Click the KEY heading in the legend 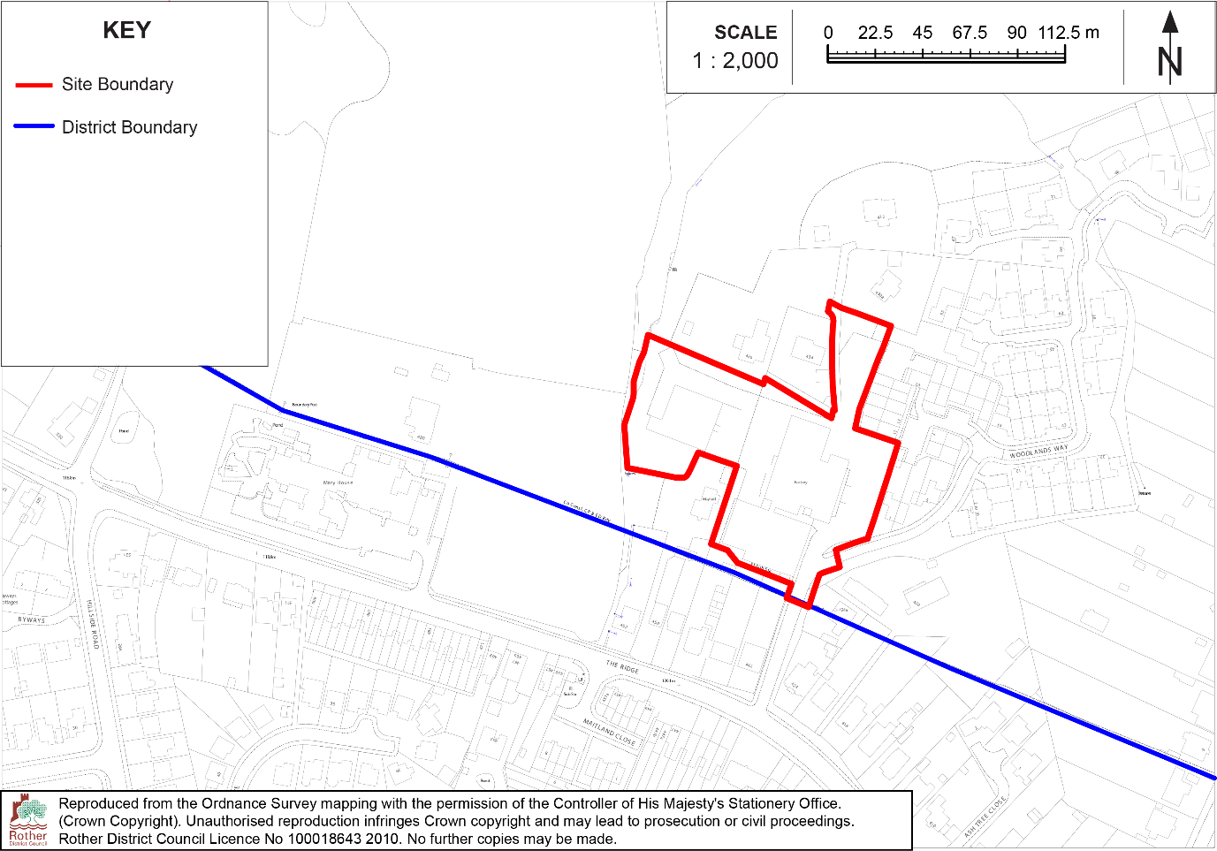(x=126, y=30)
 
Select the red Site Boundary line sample (x=34, y=85)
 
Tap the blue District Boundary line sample (x=34, y=126)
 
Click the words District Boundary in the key (x=129, y=127)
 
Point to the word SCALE (x=745, y=33)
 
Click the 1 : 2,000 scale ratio (x=735, y=61)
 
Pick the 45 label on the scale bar (x=922, y=33)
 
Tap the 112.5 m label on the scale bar (x=1069, y=33)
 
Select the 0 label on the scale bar (x=828, y=33)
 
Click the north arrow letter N (x=1169, y=61)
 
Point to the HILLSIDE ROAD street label (x=93, y=624)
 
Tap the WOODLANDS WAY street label (x=1038, y=452)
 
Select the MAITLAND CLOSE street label (x=609, y=733)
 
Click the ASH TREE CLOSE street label (x=985, y=817)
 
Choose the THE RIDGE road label (x=622, y=667)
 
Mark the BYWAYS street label (x=31, y=620)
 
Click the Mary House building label (x=338, y=482)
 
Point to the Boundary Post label (x=304, y=405)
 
